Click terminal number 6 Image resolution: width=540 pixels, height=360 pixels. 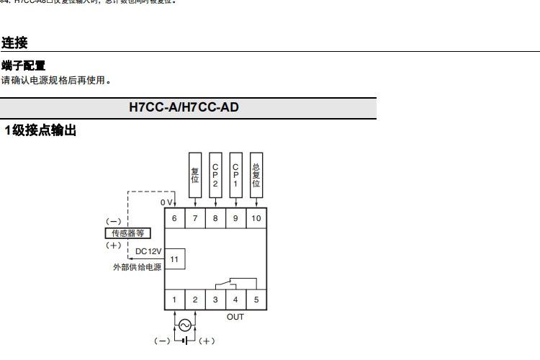pyautogui.click(x=174, y=217)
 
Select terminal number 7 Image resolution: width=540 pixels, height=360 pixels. pyautogui.click(x=194, y=217)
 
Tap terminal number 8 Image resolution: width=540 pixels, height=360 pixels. pyautogui.click(x=215, y=217)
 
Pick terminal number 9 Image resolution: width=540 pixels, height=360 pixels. pyautogui.click(x=235, y=217)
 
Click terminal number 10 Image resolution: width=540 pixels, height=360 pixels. pyautogui.click(x=256, y=217)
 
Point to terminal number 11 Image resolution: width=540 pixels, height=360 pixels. pyautogui.click(x=174, y=258)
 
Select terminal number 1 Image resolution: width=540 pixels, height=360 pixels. pyautogui.click(x=174, y=300)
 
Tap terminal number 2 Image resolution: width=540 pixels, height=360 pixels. pyautogui.click(x=194, y=300)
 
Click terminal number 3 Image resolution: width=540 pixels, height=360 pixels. pyautogui.click(x=215, y=300)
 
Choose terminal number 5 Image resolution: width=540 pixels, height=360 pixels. pyautogui.click(x=256, y=300)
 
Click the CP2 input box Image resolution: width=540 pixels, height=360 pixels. pyautogui.click(x=215, y=174)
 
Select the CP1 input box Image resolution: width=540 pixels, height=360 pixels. pyautogui.click(x=235, y=174)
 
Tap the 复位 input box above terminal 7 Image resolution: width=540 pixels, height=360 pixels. pyautogui.click(x=194, y=174)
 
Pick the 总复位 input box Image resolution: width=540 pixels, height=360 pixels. pyautogui.click(x=256, y=174)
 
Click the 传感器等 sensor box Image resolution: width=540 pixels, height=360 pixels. pyautogui.click(x=127, y=233)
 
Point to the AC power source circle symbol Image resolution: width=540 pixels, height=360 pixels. pyautogui.click(x=184, y=325)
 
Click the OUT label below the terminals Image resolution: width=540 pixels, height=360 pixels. pyautogui.click(x=235, y=317)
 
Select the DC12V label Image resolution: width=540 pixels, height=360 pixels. pyautogui.click(x=148, y=251)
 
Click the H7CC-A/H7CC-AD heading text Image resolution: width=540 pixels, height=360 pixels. pyautogui.click(x=184, y=108)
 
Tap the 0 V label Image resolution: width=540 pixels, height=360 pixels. pyautogui.click(x=166, y=203)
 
